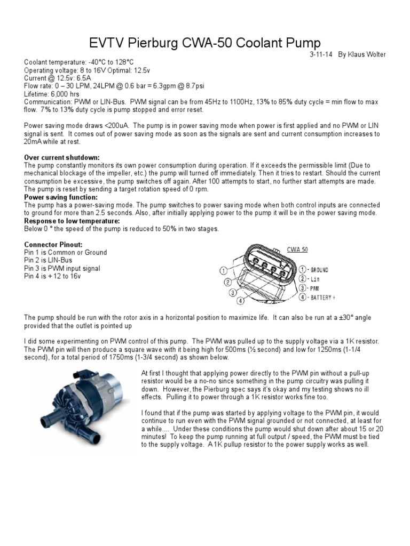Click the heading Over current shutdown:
[x=62, y=158]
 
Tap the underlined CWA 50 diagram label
[x=297, y=249]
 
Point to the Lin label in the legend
[x=314, y=279]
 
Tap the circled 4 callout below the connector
[x=241, y=301]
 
